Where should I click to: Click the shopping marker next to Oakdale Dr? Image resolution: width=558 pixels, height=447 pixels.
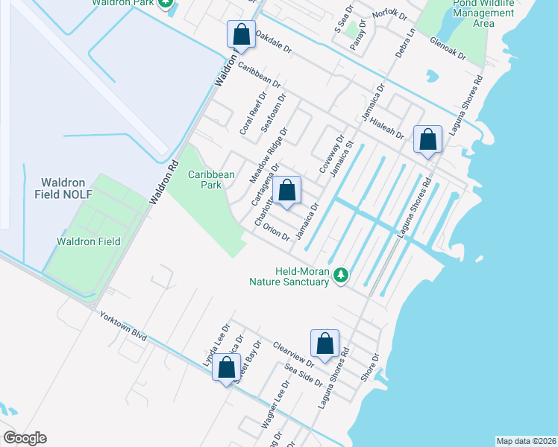[x=241, y=34]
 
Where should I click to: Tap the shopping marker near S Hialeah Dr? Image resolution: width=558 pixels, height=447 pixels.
[x=427, y=139]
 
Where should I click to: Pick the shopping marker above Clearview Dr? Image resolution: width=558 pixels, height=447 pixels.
[x=325, y=344]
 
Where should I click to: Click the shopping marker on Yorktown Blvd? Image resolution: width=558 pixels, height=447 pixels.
[x=226, y=368]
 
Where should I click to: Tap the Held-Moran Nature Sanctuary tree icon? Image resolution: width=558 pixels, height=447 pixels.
[x=341, y=275]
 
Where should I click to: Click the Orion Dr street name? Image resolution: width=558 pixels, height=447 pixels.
[x=276, y=232]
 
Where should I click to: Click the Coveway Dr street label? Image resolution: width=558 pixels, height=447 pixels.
[x=332, y=154]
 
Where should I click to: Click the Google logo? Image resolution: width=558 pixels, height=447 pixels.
[x=24, y=438]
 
